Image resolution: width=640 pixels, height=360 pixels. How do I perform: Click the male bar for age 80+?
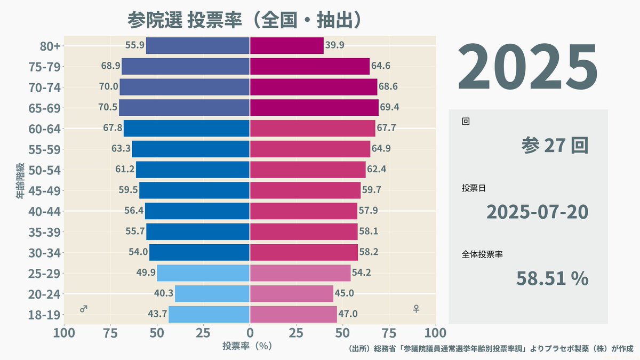[198, 45]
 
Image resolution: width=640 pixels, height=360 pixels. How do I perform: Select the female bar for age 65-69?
[314, 108]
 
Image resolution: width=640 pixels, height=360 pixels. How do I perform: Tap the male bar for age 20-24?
[212, 294]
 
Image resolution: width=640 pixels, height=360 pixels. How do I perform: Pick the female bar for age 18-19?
[293, 314]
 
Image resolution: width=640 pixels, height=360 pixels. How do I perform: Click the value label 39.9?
[334, 45]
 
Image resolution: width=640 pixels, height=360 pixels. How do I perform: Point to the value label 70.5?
[108, 107]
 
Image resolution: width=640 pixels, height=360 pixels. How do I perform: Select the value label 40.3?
[164, 293]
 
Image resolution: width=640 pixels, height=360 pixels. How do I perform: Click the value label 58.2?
[369, 252]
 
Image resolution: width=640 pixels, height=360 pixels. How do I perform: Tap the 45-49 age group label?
[44, 191]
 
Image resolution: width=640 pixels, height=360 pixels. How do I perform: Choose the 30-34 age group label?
[44, 253]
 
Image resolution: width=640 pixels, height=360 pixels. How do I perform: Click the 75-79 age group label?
[44, 67]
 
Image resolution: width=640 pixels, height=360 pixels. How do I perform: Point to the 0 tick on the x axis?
[250, 333]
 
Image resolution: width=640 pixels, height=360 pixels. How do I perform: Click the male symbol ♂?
[83, 309]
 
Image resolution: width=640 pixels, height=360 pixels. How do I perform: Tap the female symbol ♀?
[417, 309]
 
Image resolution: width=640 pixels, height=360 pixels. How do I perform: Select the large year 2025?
[527, 67]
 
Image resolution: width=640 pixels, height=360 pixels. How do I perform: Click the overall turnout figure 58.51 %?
[553, 278]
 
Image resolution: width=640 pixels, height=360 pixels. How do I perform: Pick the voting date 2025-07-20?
[538, 212]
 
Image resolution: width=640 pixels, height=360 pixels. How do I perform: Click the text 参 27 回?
[555, 146]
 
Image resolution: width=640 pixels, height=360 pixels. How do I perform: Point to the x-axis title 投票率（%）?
[247, 346]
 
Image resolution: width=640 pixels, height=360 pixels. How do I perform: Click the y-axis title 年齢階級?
[20, 181]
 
